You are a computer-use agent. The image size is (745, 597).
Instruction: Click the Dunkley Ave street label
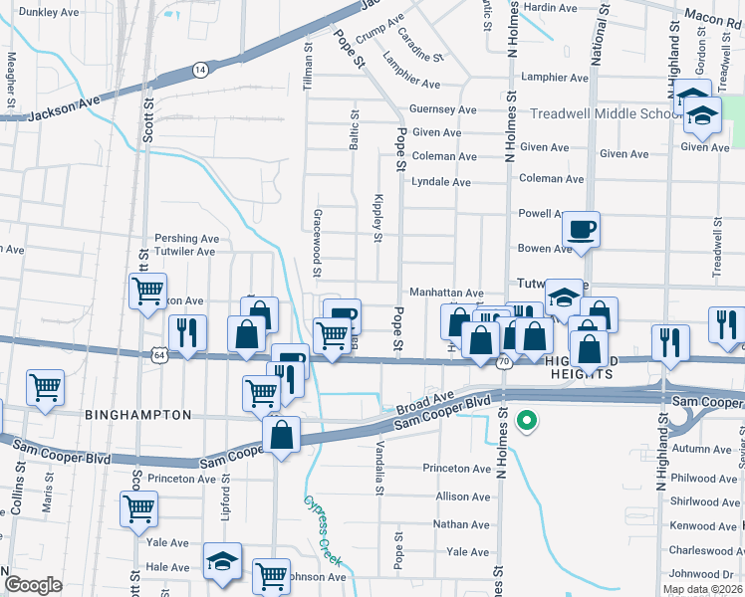[x=49, y=13]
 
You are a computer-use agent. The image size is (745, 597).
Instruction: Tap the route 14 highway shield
[x=200, y=70]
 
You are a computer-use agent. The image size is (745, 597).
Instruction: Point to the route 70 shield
[x=504, y=363]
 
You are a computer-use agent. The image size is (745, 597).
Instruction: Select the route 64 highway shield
[x=159, y=353]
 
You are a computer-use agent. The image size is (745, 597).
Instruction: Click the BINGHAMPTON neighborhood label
[x=137, y=414]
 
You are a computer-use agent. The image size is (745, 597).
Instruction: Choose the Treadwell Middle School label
[x=605, y=113]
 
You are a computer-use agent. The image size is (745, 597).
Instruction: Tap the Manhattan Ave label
[x=446, y=294]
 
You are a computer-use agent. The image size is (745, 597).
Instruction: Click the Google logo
[x=33, y=585]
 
